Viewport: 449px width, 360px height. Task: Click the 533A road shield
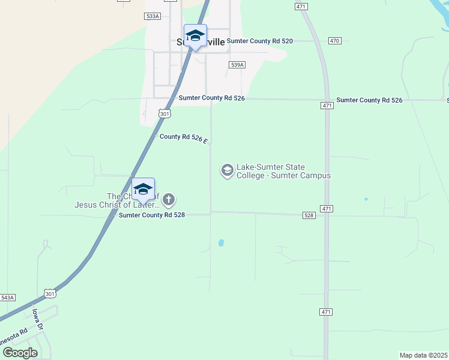(x=153, y=16)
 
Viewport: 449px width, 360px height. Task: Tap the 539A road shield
(x=237, y=64)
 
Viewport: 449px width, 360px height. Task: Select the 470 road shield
(x=334, y=41)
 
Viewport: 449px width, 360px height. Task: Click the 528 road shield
(x=309, y=215)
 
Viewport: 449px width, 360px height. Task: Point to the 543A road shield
(x=7, y=298)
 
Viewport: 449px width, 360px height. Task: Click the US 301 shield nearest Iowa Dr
(x=50, y=293)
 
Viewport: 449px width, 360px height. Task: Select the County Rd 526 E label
(x=184, y=138)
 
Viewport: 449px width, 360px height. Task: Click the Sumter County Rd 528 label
(x=155, y=215)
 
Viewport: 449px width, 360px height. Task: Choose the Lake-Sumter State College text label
(x=284, y=172)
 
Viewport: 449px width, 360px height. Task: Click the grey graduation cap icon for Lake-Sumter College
(x=228, y=171)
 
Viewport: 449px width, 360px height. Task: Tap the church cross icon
(x=169, y=199)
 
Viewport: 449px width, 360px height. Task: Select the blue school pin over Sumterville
(x=195, y=36)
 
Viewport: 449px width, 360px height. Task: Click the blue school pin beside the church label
(x=143, y=190)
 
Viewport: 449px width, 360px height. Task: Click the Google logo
(x=20, y=353)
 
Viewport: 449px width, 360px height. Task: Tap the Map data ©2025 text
(x=423, y=355)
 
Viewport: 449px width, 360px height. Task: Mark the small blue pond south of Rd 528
(x=221, y=243)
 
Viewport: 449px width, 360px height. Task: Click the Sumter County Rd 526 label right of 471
(x=369, y=100)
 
